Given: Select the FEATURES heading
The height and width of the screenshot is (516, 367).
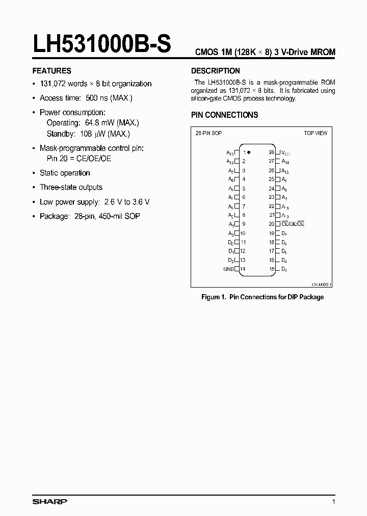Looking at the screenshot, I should tap(51, 71).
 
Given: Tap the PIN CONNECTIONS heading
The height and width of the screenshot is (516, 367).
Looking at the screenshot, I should tap(224, 115).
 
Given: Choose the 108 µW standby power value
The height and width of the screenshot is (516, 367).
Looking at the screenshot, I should tap(93, 134).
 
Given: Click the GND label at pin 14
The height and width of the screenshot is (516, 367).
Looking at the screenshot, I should tap(228, 269).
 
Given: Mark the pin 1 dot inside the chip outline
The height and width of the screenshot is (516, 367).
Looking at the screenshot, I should tap(249, 152).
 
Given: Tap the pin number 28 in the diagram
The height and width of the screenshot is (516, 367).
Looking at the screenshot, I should tap(272, 152).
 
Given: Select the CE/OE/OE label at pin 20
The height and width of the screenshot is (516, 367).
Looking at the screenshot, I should tap(293, 224).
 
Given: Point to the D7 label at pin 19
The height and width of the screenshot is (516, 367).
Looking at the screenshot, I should tap(284, 233).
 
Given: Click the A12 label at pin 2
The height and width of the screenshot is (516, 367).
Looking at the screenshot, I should tap(230, 161).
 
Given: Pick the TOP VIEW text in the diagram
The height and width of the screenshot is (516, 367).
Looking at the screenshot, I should tap(316, 133).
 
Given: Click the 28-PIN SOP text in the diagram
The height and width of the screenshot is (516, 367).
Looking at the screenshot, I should tap(209, 133).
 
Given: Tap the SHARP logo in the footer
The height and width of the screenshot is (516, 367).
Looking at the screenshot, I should tap(49, 502).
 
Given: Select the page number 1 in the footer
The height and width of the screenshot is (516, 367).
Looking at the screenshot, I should tap(333, 502).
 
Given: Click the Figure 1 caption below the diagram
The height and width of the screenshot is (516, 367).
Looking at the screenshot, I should tap(262, 297).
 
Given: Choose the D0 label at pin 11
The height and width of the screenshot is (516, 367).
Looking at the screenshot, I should tap(231, 242).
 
